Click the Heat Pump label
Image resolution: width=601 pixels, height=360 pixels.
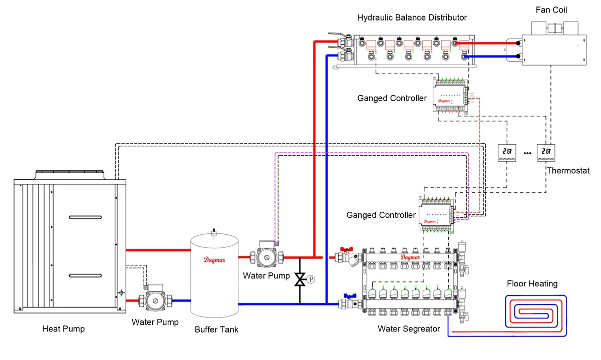(x=64, y=329)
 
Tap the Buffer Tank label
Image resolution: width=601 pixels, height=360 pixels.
(x=216, y=329)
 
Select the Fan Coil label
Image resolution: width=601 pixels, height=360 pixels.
(x=551, y=10)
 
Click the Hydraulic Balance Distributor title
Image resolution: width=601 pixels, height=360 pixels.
(x=412, y=18)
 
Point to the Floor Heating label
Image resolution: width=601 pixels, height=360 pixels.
(x=532, y=284)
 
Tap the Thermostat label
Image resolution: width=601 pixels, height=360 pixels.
(x=568, y=171)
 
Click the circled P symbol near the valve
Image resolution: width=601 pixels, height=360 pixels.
(x=311, y=279)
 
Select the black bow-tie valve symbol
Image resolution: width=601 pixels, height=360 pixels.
(x=300, y=279)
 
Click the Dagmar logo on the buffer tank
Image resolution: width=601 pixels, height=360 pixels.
(x=214, y=259)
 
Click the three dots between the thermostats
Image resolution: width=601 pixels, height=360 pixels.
(x=527, y=153)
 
